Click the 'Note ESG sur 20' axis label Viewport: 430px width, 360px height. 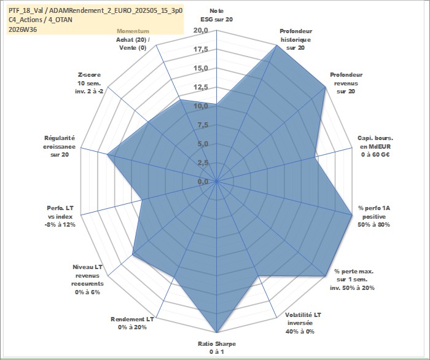(x=217, y=15)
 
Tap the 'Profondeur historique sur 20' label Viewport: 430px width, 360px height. (x=295, y=39)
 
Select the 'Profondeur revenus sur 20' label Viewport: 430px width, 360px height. (x=346, y=83)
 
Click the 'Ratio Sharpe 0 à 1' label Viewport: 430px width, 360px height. (x=217, y=348)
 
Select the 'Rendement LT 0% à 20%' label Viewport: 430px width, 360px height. (x=132, y=323)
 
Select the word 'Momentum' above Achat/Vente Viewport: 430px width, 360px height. (x=133, y=31)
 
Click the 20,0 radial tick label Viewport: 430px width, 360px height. (x=201, y=31)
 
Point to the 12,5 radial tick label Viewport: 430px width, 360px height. (x=201, y=87)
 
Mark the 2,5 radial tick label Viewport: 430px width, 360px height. (x=203, y=163)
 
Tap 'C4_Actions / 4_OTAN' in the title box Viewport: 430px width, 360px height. (x=41, y=20)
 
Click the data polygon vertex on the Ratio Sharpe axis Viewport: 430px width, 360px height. (x=217, y=332)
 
